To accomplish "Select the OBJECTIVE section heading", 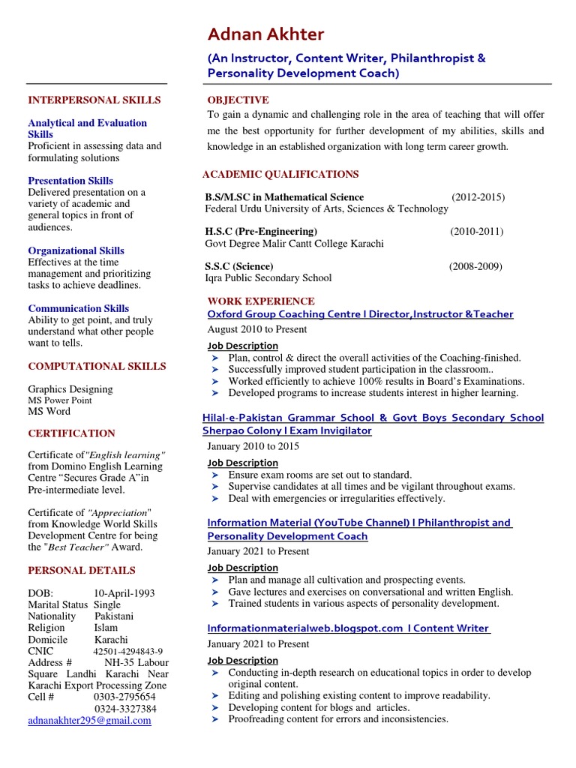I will [x=238, y=100].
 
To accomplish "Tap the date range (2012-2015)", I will [x=478, y=197].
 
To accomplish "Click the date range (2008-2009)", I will [x=475, y=266].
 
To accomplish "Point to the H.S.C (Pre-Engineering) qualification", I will [x=261, y=232].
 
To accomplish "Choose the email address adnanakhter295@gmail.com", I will [x=89, y=720].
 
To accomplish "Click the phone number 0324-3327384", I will [x=125, y=709].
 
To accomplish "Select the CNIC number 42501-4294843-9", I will [x=127, y=652].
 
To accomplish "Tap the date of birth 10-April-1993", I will [x=124, y=593].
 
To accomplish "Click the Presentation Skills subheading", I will [x=70, y=181].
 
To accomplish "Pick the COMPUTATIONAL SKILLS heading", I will [x=97, y=366].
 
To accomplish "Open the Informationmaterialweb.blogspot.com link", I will [x=348, y=628].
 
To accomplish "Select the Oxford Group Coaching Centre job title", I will [x=360, y=314].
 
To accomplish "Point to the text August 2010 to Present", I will [x=257, y=329].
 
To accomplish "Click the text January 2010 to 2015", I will [x=253, y=446].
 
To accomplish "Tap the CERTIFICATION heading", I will [x=71, y=433].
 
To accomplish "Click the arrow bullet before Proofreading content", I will [x=214, y=719].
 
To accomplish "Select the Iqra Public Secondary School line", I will [x=268, y=278].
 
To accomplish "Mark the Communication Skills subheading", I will [x=78, y=308].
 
